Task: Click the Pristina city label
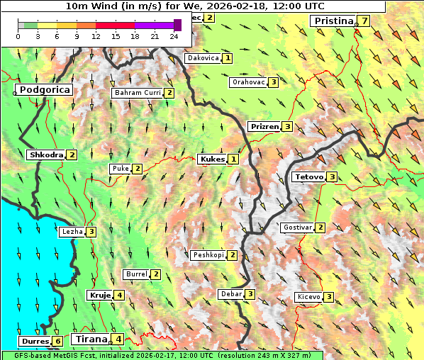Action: point(333,21)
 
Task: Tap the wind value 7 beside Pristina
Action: point(364,21)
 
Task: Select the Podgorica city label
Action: point(45,90)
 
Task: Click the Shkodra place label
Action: point(46,154)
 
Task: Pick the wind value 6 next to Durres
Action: point(57,342)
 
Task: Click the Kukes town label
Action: point(213,159)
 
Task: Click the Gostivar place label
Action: point(297,227)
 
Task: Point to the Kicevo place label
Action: point(308,296)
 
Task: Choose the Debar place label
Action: point(231,294)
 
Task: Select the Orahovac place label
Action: point(248,82)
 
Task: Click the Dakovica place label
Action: point(203,58)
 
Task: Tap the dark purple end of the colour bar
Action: point(177,25)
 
